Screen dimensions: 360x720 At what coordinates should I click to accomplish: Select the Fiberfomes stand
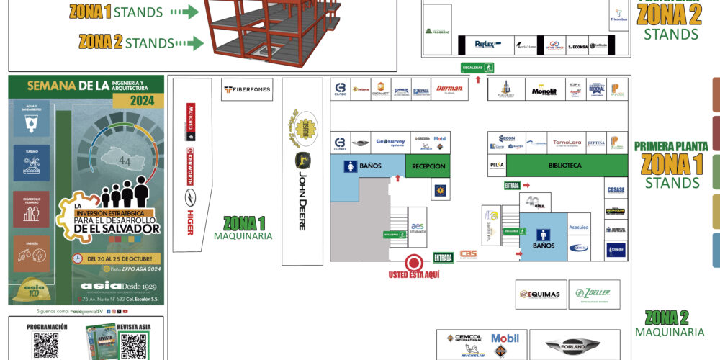247,90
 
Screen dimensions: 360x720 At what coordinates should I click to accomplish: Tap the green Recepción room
428,166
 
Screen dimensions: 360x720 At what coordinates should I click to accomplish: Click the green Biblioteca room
567,166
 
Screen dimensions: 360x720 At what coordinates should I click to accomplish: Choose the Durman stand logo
449,89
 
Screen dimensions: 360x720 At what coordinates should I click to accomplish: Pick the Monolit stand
544,91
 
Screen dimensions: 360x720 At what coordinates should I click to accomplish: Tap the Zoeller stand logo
593,293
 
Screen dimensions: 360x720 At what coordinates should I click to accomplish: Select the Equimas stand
542,294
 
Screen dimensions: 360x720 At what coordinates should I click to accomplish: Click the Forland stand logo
573,346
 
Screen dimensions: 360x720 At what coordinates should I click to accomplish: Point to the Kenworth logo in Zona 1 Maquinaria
191,158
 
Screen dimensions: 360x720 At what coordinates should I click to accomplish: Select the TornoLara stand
567,143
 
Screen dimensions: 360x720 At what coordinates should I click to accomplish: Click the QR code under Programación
46,346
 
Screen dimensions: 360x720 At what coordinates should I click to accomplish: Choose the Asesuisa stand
579,226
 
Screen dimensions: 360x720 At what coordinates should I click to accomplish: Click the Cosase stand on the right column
616,189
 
